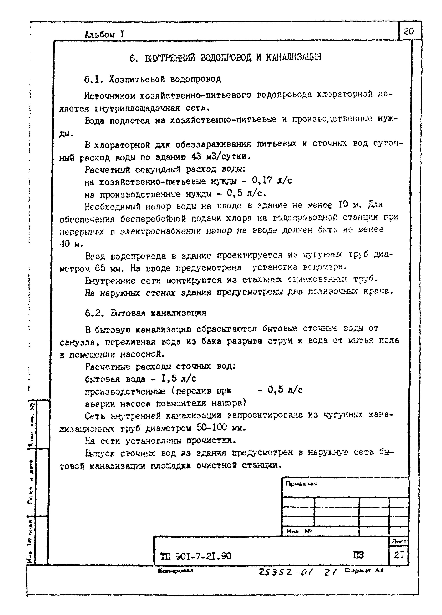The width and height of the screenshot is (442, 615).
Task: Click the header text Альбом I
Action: click(x=104, y=35)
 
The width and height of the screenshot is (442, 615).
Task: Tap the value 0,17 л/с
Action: click(x=272, y=180)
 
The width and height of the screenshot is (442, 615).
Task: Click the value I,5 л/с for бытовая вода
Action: click(x=178, y=378)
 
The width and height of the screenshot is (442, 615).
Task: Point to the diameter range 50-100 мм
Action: click(x=221, y=428)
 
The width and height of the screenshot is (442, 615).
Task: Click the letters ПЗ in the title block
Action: click(x=358, y=555)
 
